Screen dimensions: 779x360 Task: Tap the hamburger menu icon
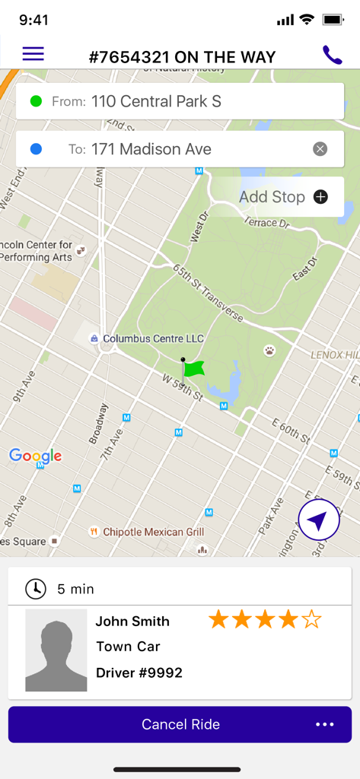(x=33, y=54)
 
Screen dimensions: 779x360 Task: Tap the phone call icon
(x=332, y=55)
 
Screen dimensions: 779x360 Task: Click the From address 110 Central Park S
(x=156, y=101)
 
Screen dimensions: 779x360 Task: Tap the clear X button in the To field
(x=320, y=149)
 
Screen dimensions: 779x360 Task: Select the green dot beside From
(x=36, y=101)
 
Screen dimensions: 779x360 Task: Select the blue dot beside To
(x=36, y=149)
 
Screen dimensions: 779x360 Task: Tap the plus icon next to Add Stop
(x=321, y=197)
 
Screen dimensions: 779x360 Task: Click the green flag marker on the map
(x=193, y=368)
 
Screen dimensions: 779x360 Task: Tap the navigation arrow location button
(x=318, y=520)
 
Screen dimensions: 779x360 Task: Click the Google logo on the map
(x=35, y=456)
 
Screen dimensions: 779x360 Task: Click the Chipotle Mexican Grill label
(x=153, y=532)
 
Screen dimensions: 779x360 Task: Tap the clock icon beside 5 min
(x=36, y=589)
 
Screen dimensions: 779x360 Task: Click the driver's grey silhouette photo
(x=56, y=650)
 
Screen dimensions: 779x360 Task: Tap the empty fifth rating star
(x=311, y=620)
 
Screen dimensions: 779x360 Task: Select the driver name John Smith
(x=132, y=622)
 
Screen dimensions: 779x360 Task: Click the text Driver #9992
(x=139, y=672)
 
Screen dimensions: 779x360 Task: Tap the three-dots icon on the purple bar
(x=325, y=724)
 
